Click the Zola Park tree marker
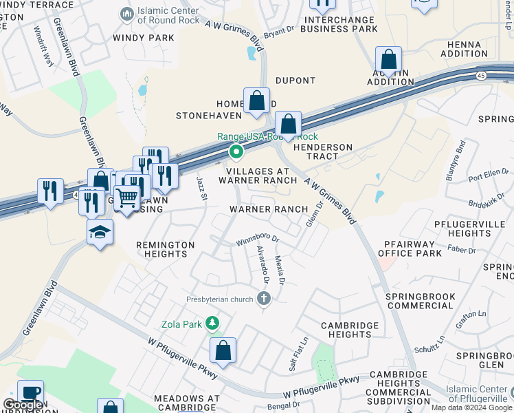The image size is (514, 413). coord(213,322)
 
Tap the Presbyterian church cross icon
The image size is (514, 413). coord(263,299)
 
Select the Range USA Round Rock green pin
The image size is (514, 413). coord(236,151)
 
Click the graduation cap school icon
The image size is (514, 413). coord(100,232)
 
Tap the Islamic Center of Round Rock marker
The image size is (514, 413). coord(126,14)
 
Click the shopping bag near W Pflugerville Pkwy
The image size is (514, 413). coord(223,351)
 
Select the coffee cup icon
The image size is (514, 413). coord(30,393)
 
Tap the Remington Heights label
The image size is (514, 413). coord(165,249)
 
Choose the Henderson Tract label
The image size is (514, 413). coord(323,151)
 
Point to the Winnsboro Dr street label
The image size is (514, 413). coord(257,240)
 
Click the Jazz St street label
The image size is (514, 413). coord(201,188)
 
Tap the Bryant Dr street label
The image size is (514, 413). coord(279,30)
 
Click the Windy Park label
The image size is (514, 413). coord(144,37)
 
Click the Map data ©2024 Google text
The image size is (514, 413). coord(471,407)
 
